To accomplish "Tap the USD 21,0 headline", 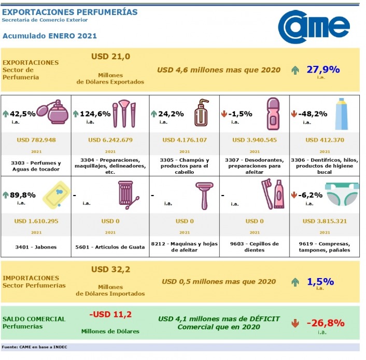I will pos(110,57).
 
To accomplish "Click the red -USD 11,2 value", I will pos(110,314).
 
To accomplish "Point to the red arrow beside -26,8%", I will pos(295,323).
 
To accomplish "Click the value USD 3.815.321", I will pos(324,221).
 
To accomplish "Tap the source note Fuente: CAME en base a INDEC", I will pos(34,347).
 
